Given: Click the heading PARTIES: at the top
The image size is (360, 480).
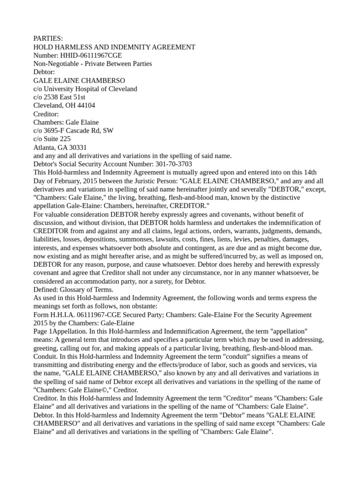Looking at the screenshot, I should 48,38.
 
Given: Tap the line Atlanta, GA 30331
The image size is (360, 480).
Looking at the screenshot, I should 60,147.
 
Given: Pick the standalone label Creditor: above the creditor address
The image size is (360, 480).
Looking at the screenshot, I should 46,114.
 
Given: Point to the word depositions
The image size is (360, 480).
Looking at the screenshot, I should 126,239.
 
